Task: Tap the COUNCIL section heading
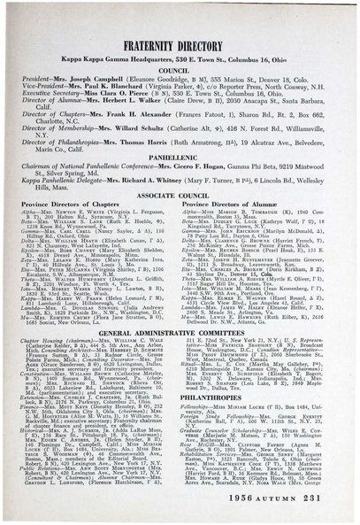pyautogui.click(x=180, y=74)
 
